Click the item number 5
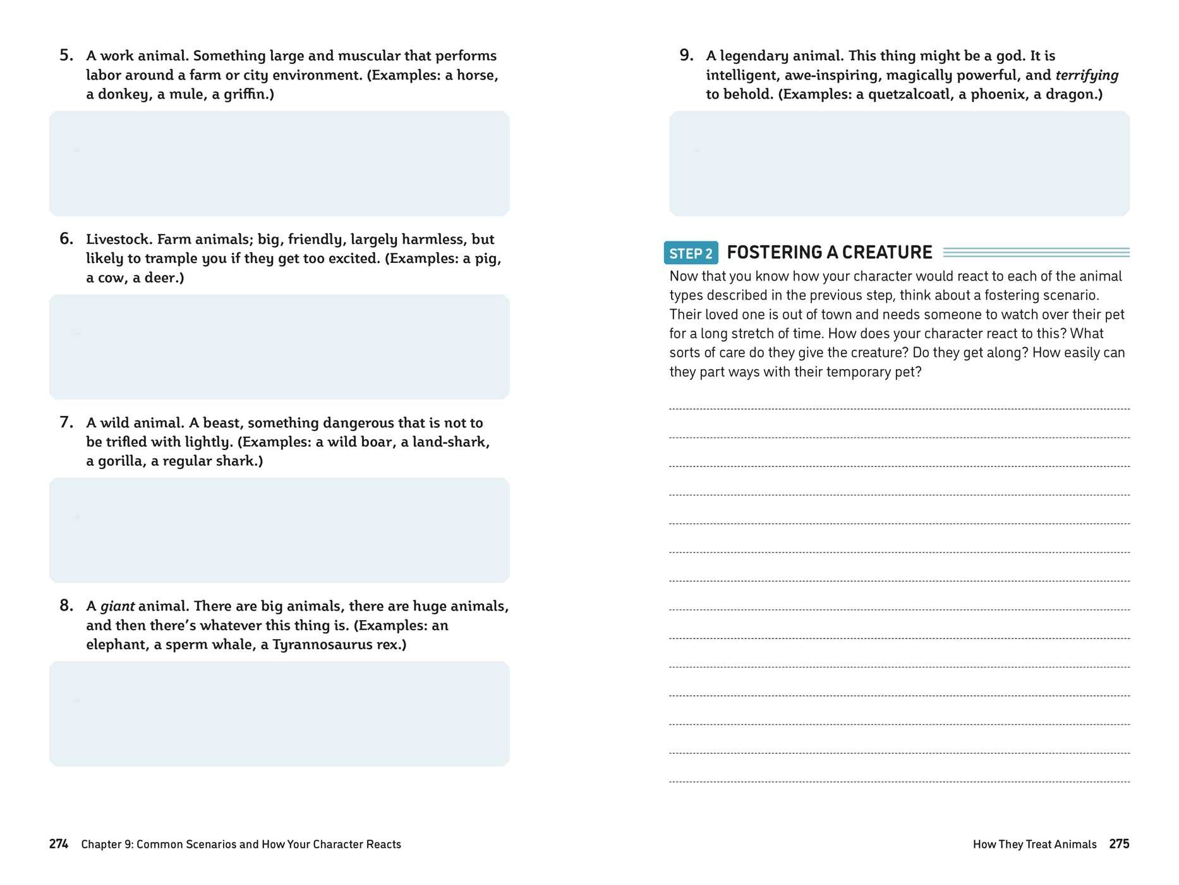66,56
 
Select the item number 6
66,239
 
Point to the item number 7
66,422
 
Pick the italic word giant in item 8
117,606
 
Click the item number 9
686,56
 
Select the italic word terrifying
1086,75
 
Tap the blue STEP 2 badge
691,253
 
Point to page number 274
59,844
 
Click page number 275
1119,844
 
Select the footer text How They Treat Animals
1034,844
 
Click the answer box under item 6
279,346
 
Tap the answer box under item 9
899,163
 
